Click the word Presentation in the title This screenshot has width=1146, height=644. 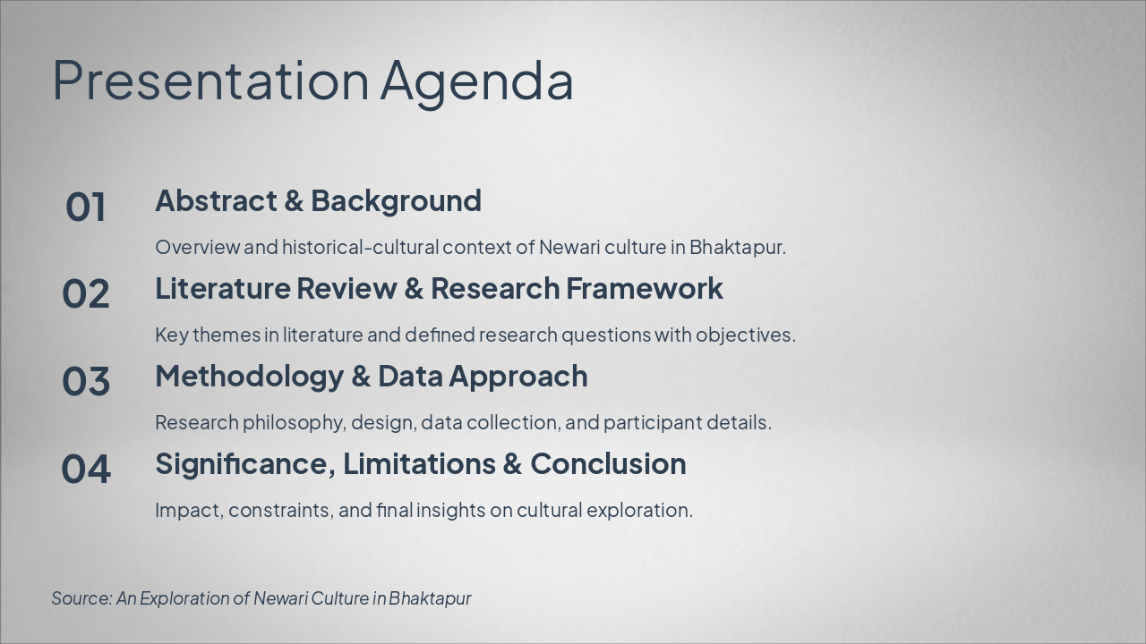tap(210, 80)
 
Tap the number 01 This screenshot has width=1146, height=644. tap(86, 207)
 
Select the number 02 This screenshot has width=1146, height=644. tap(86, 294)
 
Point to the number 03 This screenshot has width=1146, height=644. tap(86, 381)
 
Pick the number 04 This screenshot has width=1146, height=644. tap(86, 469)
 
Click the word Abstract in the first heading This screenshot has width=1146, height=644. tap(216, 200)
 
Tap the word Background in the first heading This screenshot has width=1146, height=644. tap(397, 202)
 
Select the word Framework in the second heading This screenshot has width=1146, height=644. tap(645, 288)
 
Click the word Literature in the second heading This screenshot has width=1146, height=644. tap(223, 288)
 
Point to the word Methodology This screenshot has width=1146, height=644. tap(250, 377)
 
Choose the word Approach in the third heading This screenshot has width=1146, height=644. tap(518, 377)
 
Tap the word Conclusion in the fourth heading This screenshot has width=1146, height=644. tap(608, 464)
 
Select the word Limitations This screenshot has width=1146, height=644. tap(419, 464)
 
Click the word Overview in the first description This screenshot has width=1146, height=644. tap(198, 248)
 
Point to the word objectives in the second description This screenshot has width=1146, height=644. tap(746, 335)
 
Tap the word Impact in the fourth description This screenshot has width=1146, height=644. tap(189, 511)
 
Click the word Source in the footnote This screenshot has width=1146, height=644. tap(81, 598)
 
